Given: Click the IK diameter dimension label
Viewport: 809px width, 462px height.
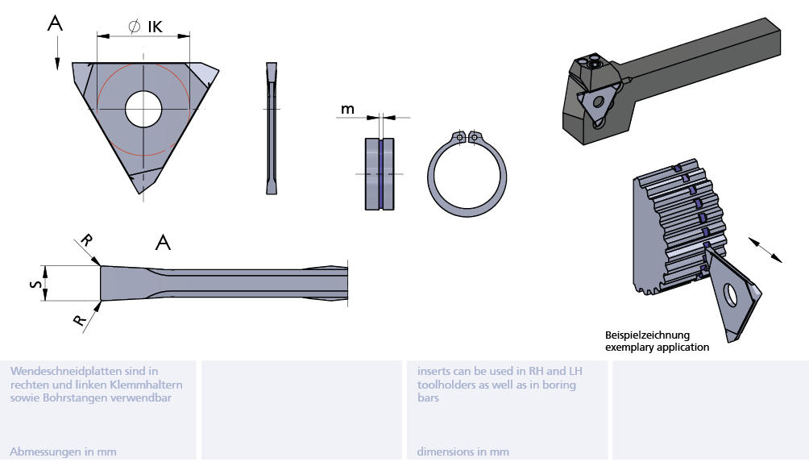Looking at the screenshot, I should pyautogui.click(x=147, y=27).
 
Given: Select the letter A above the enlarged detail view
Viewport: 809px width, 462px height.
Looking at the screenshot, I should pyautogui.click(x=163, y=242).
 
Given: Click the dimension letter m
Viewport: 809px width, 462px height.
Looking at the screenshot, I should pyautogui.click(x=347, y=109).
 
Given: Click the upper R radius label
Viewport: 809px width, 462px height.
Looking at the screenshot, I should pyautogui.click(x=86, y=241).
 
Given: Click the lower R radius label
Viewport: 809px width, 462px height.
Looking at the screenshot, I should pyautogui.click(x=80, y=320).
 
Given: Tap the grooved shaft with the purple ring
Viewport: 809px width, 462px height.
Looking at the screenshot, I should pyautogui.click(x=380, y=173).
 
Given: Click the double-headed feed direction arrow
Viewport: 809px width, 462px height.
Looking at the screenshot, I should pyautogui.click(x=765, y=249).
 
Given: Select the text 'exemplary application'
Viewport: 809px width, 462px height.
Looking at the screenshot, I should pyautogui.click(x=657, y=348).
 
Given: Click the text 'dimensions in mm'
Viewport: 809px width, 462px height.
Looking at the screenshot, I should pyautogui.click(x=463, y=452).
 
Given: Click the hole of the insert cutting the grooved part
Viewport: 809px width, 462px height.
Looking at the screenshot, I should pyautogui.click(x=730, y=295).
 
